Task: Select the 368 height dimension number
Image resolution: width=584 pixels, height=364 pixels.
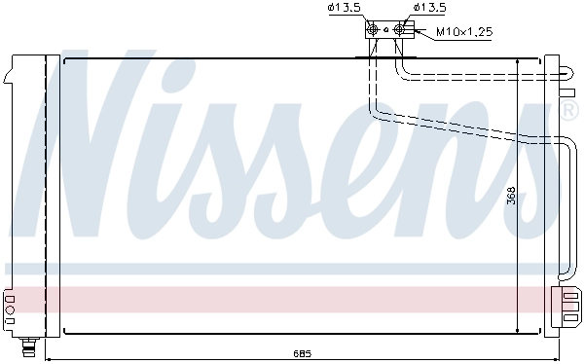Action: [510, 198]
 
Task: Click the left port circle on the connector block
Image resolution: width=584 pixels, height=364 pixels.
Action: [374, 30]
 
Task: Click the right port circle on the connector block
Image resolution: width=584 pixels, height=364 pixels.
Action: [399, 30]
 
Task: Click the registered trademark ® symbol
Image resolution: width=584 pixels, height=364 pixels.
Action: [570, 112]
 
